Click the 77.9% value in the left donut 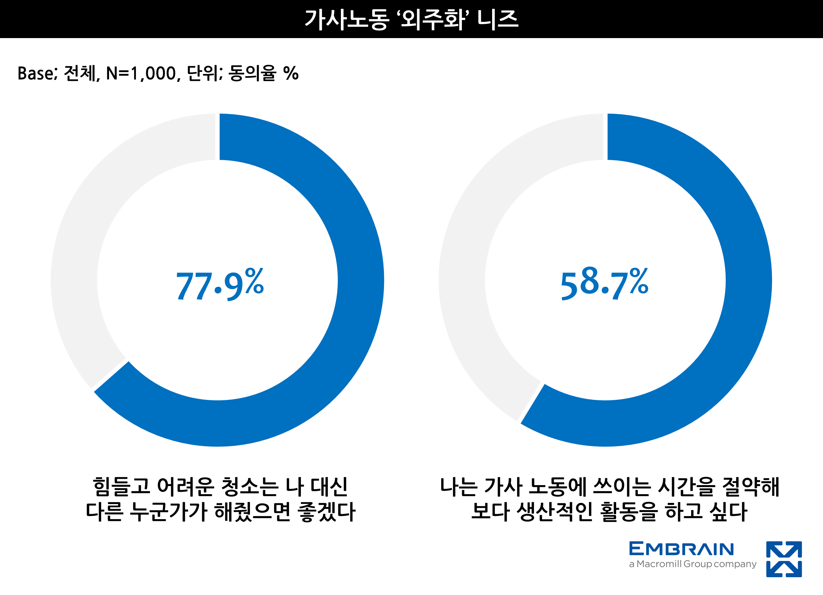point(220,285)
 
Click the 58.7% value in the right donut point(604,285)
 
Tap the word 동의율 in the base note point(252,73)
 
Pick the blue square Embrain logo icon point(784,559)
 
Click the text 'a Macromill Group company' point(692,564)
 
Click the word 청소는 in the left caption point(249,487)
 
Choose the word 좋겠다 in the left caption point(326,512)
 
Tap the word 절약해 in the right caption point(751,487)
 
